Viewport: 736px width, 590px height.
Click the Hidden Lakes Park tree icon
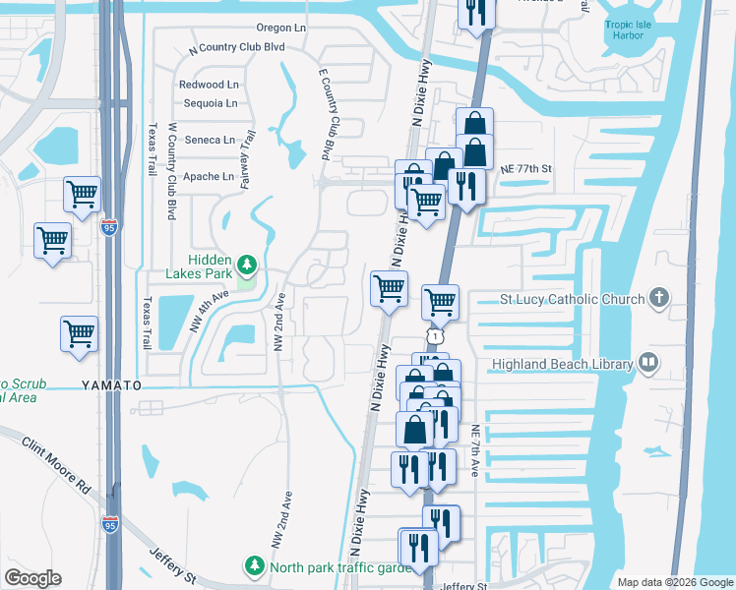tap(248, 265)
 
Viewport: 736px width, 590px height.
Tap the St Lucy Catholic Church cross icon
tap(661, 298)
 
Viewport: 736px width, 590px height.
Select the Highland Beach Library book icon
tap(647, 364)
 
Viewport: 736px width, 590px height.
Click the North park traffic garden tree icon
tap(255, 566)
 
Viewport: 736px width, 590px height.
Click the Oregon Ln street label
tap(280, 28)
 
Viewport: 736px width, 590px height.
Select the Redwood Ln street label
tap(209, 85)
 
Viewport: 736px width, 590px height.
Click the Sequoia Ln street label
tap(208, 102)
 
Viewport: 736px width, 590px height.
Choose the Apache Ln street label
tap(209, 177)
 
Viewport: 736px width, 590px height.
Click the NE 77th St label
tap(526, 169)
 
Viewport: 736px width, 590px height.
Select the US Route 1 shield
tap(435, 336)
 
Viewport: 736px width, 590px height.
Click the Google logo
tap(33, 578)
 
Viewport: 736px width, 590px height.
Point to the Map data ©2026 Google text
tap(674, 582)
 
